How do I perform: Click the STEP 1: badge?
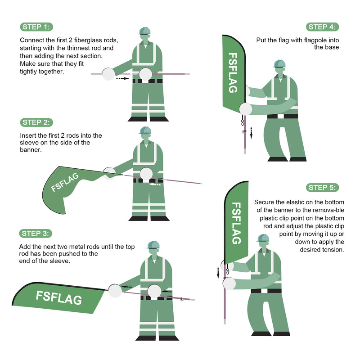tap(36, 27)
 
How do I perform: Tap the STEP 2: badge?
tap(36, 122)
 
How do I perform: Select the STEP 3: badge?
tap(36, 234)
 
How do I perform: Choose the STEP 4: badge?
tap(322, 27)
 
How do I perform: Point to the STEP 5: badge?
tap(322, 188)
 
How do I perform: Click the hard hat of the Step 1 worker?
tap(144, 31)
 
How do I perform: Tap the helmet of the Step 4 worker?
tap(279, 63)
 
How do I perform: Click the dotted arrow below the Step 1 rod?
tap(122, 78)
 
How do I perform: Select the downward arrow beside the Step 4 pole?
tap(251, 133)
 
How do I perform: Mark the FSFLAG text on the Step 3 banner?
tap(59, 297)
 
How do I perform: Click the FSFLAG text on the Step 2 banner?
tap(65, 182)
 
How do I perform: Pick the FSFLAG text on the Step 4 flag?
tap(233, 73)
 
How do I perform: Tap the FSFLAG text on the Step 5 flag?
tap(236, 223)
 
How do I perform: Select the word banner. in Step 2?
tap(31, 150)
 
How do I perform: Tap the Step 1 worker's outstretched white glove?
tap(108, 74)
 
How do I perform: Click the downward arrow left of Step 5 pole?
tap(218, 273)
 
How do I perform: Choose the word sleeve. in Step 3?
tap(60, 261)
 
